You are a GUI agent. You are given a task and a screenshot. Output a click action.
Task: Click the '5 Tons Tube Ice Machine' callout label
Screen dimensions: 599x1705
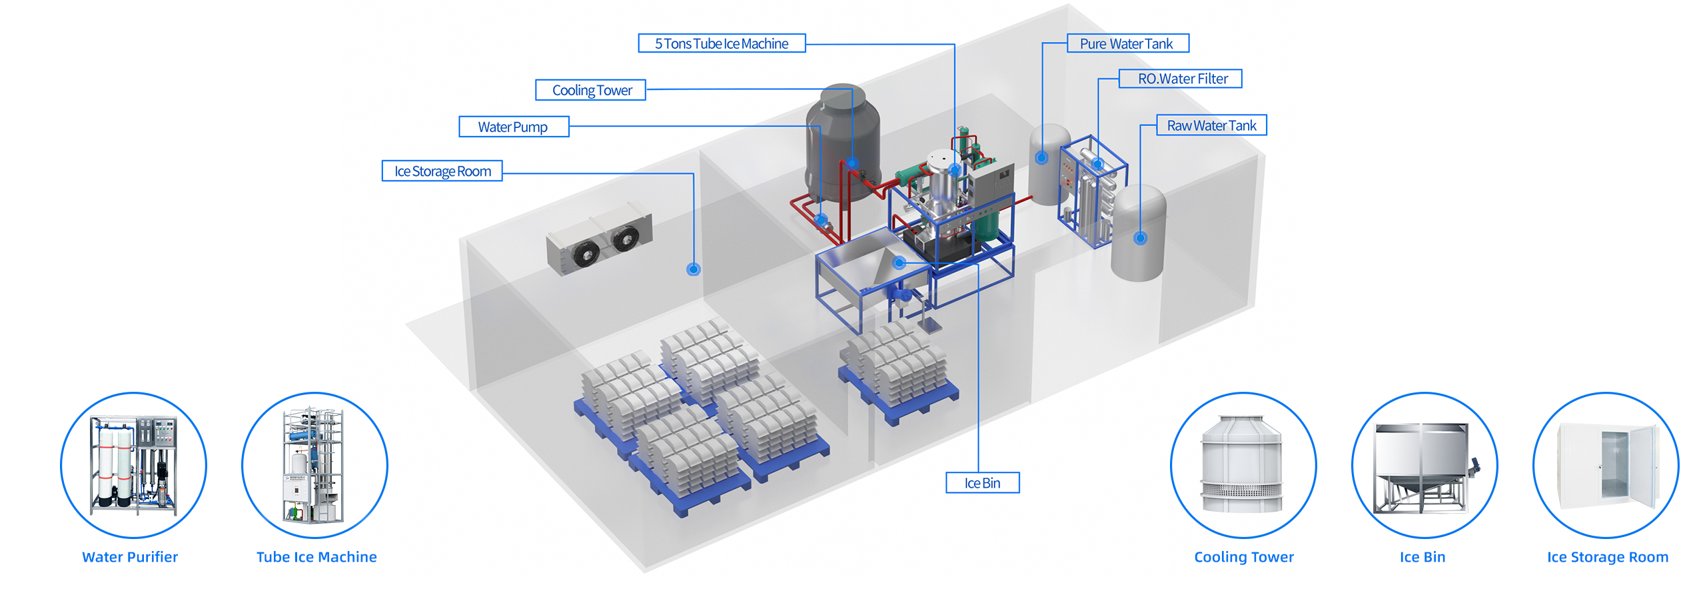pyautogui.click(x=721, y=44)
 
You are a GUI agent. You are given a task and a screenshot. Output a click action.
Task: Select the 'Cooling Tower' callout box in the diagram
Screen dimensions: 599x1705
pyautogui.click(x=590, y=91)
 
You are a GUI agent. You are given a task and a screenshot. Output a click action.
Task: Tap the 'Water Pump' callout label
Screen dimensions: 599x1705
pyautogui.click(x=513, y=127)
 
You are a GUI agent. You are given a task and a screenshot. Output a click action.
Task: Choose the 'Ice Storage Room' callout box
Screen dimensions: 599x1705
pyautogui.click(x=442, y=171)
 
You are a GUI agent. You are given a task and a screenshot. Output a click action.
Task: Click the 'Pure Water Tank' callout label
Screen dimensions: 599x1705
pyautogui.click(x=1127, y=44)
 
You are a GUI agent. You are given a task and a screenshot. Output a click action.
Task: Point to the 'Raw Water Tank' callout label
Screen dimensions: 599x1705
pyautogui.click(x=1211, y=126)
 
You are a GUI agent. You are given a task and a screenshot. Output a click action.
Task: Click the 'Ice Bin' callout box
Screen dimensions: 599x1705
pyautogui.click(x=982, y=483)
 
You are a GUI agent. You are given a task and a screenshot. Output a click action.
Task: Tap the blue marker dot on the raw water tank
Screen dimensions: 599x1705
pyautogui.click(x=1140, y=238)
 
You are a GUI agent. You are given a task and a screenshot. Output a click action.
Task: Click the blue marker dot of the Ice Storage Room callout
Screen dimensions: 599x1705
pyautogui.click(x=693, y=269)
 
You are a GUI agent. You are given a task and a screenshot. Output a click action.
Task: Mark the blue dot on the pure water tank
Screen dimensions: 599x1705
pyautogui.click(x=1041, y=158)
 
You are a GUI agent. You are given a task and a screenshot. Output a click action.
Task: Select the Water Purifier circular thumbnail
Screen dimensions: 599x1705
pyautogui.click(x=133, y=465)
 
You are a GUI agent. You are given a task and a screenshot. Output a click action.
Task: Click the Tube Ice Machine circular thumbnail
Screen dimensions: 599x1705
pyautogui.click(x=314, y=465)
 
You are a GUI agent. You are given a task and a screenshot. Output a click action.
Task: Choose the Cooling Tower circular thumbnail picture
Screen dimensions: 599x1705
pyautogui.click(x=1243, y=465)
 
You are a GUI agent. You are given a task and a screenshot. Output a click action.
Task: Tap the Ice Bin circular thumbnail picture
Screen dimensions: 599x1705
pyautogui.click(x=1424, y=465)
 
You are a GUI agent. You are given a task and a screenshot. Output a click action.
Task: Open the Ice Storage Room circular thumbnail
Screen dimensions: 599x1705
pyautogui.click(x=1605, y=465)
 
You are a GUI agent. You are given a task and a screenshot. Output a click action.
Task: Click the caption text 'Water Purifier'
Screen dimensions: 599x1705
pyautogui.click(x=130, y=557)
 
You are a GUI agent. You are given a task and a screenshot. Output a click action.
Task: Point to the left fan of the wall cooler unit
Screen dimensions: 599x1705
pyautogui.click(x=584, y=253)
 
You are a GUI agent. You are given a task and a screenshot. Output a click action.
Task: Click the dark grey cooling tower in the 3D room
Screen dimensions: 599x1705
pyautogui.click(x=842, y=143)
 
